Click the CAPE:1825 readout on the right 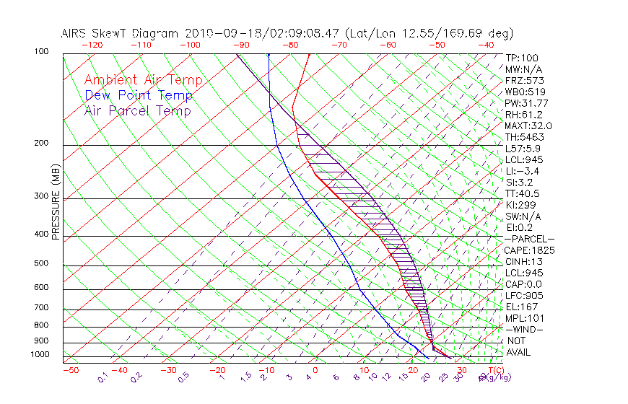(524, 250)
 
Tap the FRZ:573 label (523, 81)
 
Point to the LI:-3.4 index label (522, 171)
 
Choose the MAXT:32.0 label (527, 126)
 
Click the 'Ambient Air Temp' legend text (144, 81)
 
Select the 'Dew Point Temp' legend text (139, 96)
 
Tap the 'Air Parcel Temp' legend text (138, 111)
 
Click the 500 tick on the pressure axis (41, 264)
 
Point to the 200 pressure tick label (41, 143)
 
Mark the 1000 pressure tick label (40, 355)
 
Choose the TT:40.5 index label (523, 193)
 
